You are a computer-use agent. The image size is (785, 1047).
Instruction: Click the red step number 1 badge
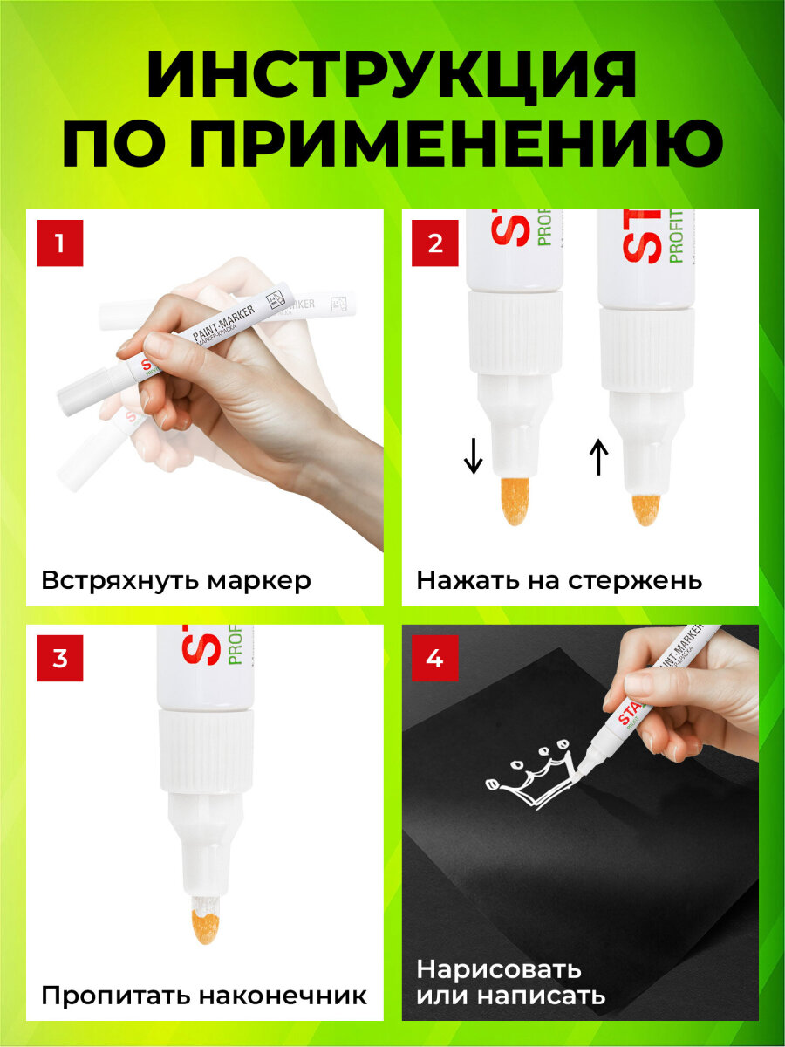point(59,243)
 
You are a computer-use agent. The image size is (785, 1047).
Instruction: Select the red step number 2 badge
point(435,243)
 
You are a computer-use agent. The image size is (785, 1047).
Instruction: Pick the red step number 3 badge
point(59,659)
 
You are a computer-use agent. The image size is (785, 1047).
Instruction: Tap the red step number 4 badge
point(435,659)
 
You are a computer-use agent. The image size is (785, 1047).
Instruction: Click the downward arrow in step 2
point(474,456)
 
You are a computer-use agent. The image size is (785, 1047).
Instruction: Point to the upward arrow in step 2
point(598,456)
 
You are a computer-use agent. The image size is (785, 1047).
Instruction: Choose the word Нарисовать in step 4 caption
point(499,969)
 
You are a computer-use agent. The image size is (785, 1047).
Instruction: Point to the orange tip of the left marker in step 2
point(515,501)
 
